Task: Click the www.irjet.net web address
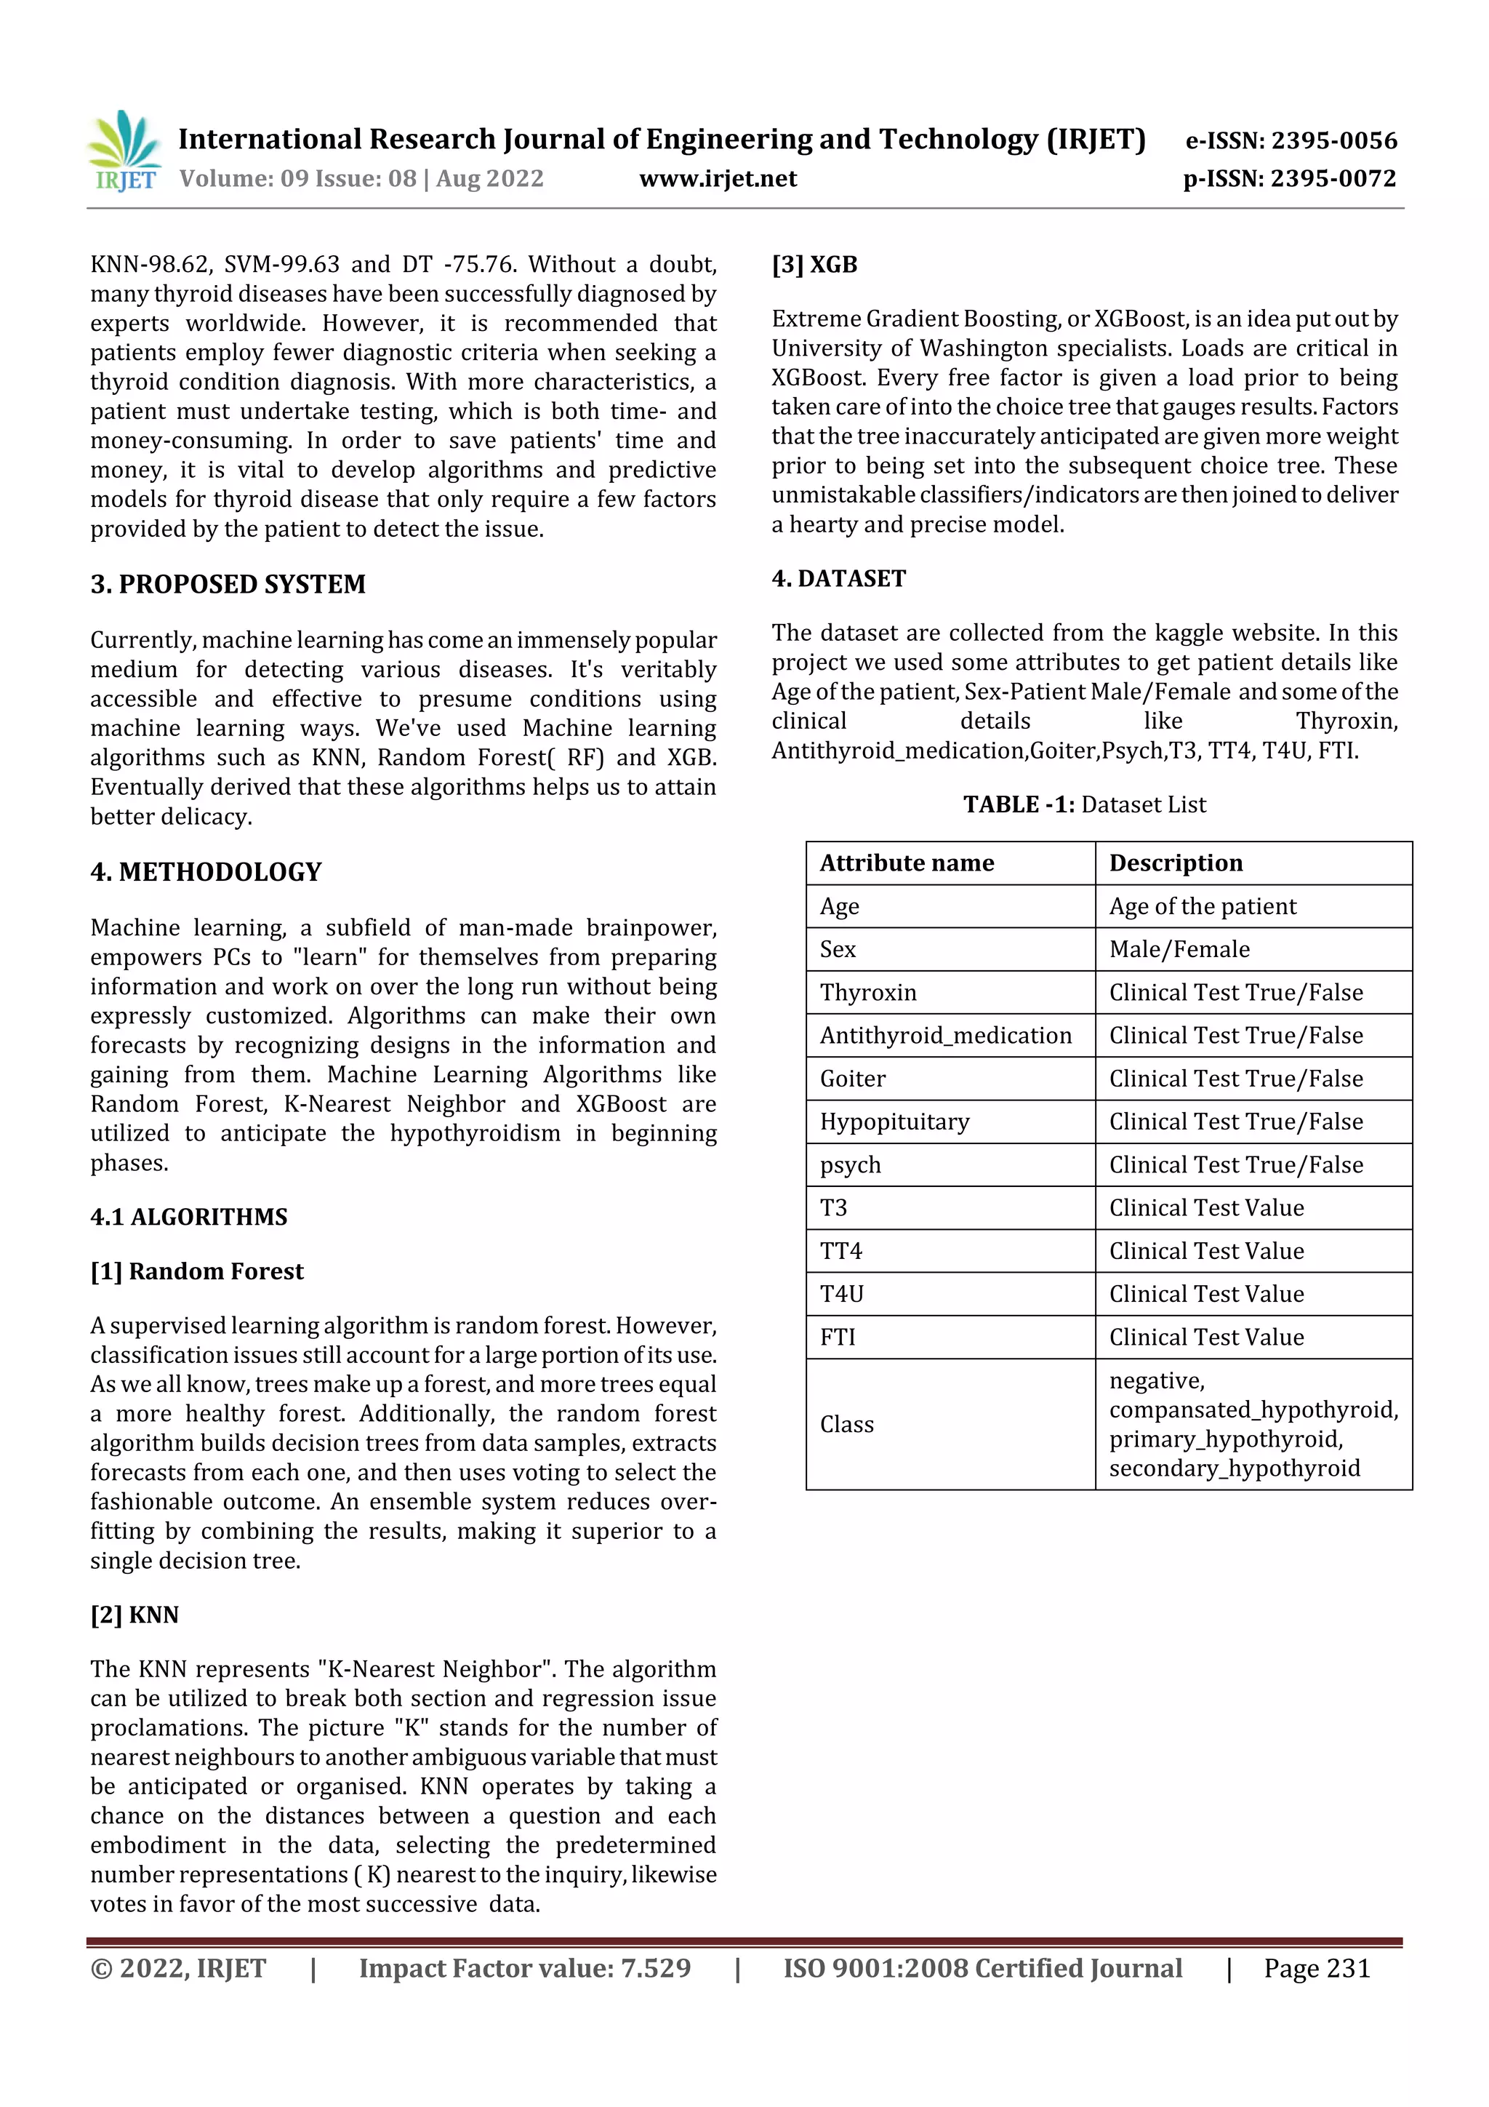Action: pos(718,179)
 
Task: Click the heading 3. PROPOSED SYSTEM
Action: pos(228,585)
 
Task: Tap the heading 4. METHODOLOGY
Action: pos(206,872)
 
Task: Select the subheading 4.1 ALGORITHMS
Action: pos(188,1217)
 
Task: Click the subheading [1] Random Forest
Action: pos(196,1271)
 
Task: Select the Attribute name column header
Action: pos(907,863)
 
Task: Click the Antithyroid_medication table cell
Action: pos(945,1036)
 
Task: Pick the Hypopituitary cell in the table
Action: pos(894,1122)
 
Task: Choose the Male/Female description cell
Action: pos(1179,950)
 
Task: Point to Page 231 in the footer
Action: pos(1316,1968)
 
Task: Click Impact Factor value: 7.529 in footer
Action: pos(524,1968)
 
